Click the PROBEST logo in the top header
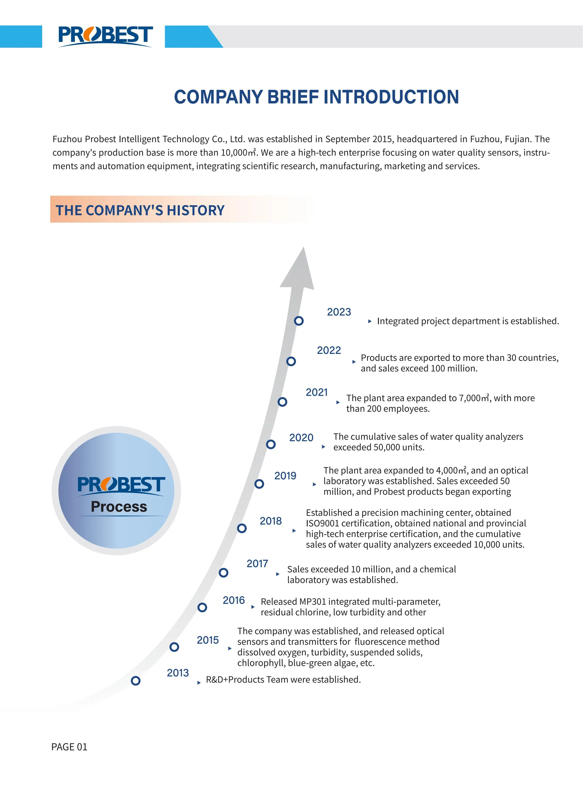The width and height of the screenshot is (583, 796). click(105, 36)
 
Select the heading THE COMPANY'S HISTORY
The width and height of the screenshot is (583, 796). click(140, 210)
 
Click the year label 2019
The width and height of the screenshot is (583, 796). click(285, 476)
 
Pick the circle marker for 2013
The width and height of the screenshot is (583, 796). click(136, 681)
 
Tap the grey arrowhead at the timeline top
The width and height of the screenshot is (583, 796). click(298, 272)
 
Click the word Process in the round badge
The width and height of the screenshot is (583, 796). click(119, 507)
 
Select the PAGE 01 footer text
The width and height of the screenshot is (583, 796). click(69, 747)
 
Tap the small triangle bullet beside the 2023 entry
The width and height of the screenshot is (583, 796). click(370, 321)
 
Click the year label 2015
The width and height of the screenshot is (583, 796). click(208, 640)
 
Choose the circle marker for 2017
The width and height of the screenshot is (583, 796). click(223, 573)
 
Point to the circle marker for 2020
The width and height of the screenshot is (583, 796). click(271, 444)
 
